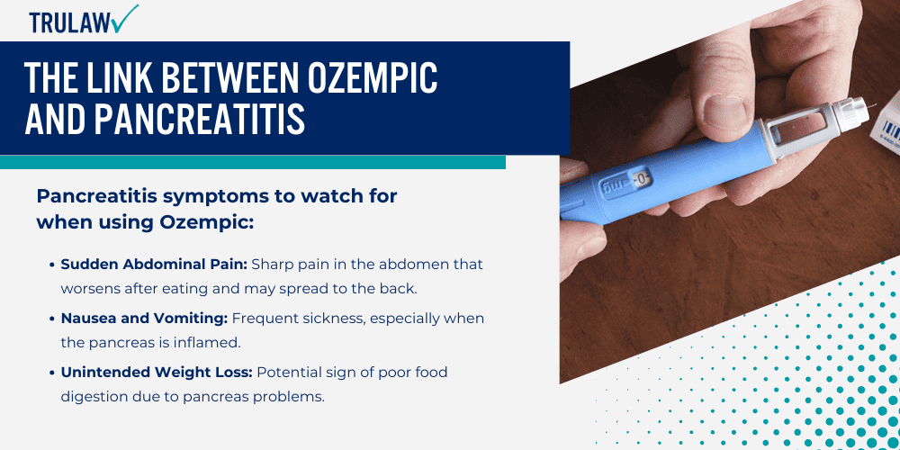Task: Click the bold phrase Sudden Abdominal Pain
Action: (x=154, y=265)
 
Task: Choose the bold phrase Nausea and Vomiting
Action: (x=145, y=318)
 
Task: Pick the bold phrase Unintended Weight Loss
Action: (x=157, y=373)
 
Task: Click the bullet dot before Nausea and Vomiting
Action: (x=52, y=319)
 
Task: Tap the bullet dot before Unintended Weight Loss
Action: (x=52, y=373)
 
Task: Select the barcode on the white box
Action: (x=890, y=130)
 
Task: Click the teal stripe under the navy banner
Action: (x=253, y=162)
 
